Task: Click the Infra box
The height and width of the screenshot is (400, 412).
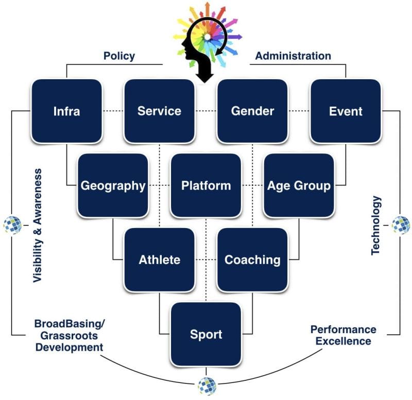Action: pos(66,111)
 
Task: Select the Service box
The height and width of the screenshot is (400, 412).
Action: pos(159,111)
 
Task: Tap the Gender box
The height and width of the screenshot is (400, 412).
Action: pos(252,111)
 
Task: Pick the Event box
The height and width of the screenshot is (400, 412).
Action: pos(346,111)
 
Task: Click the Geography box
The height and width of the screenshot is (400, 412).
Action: pos(113,185)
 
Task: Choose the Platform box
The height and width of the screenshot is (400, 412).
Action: pos(206,185)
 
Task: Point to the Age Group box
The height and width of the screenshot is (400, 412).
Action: pos(299,185)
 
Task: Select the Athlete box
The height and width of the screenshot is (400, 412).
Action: pos(159,259)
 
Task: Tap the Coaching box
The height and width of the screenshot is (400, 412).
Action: pos(252,259)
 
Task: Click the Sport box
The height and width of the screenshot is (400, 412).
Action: pos(206,334)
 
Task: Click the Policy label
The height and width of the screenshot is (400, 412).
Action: pos(119,56)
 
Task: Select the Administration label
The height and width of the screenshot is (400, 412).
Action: pos(293,56)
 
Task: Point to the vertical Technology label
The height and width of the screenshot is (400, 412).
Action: pos(376,225)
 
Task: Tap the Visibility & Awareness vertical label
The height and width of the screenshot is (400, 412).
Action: pos(38,225)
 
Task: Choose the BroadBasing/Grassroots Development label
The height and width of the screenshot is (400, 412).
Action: pos(69,335)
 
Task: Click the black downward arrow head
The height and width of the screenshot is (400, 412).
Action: pos(206,76)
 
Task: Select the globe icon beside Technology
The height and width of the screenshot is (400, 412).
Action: pos(400,225)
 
